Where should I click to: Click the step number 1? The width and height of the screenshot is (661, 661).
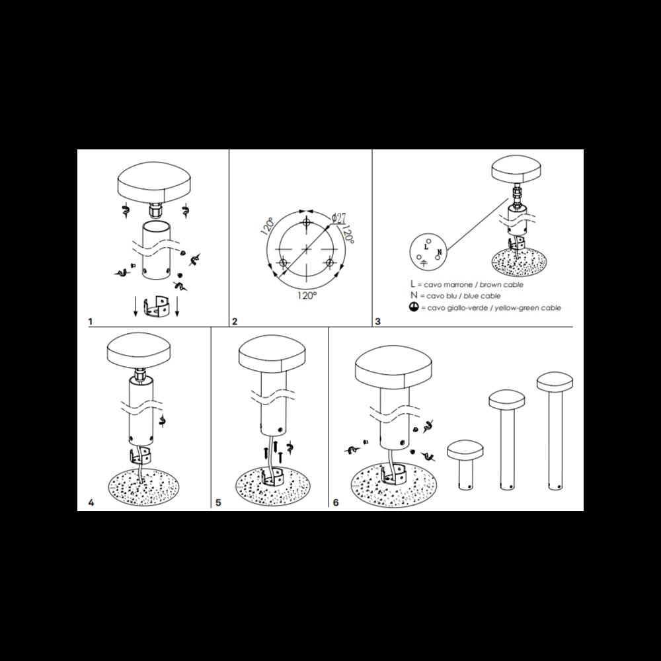point(90,321)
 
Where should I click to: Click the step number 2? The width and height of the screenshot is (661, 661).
point(235,322)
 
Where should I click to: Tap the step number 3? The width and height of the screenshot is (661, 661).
point(377,322)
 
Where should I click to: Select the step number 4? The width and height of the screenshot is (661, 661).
point(91,503)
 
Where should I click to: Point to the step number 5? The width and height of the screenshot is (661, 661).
point(217,503)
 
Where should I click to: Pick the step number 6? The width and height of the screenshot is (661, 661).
point(336,503)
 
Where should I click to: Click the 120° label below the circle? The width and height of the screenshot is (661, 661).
point(307,295)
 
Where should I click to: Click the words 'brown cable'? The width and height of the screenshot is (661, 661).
point(500,284)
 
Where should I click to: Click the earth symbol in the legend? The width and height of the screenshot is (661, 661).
point(413,308)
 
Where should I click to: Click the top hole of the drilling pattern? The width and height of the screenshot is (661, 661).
point(307,221)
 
